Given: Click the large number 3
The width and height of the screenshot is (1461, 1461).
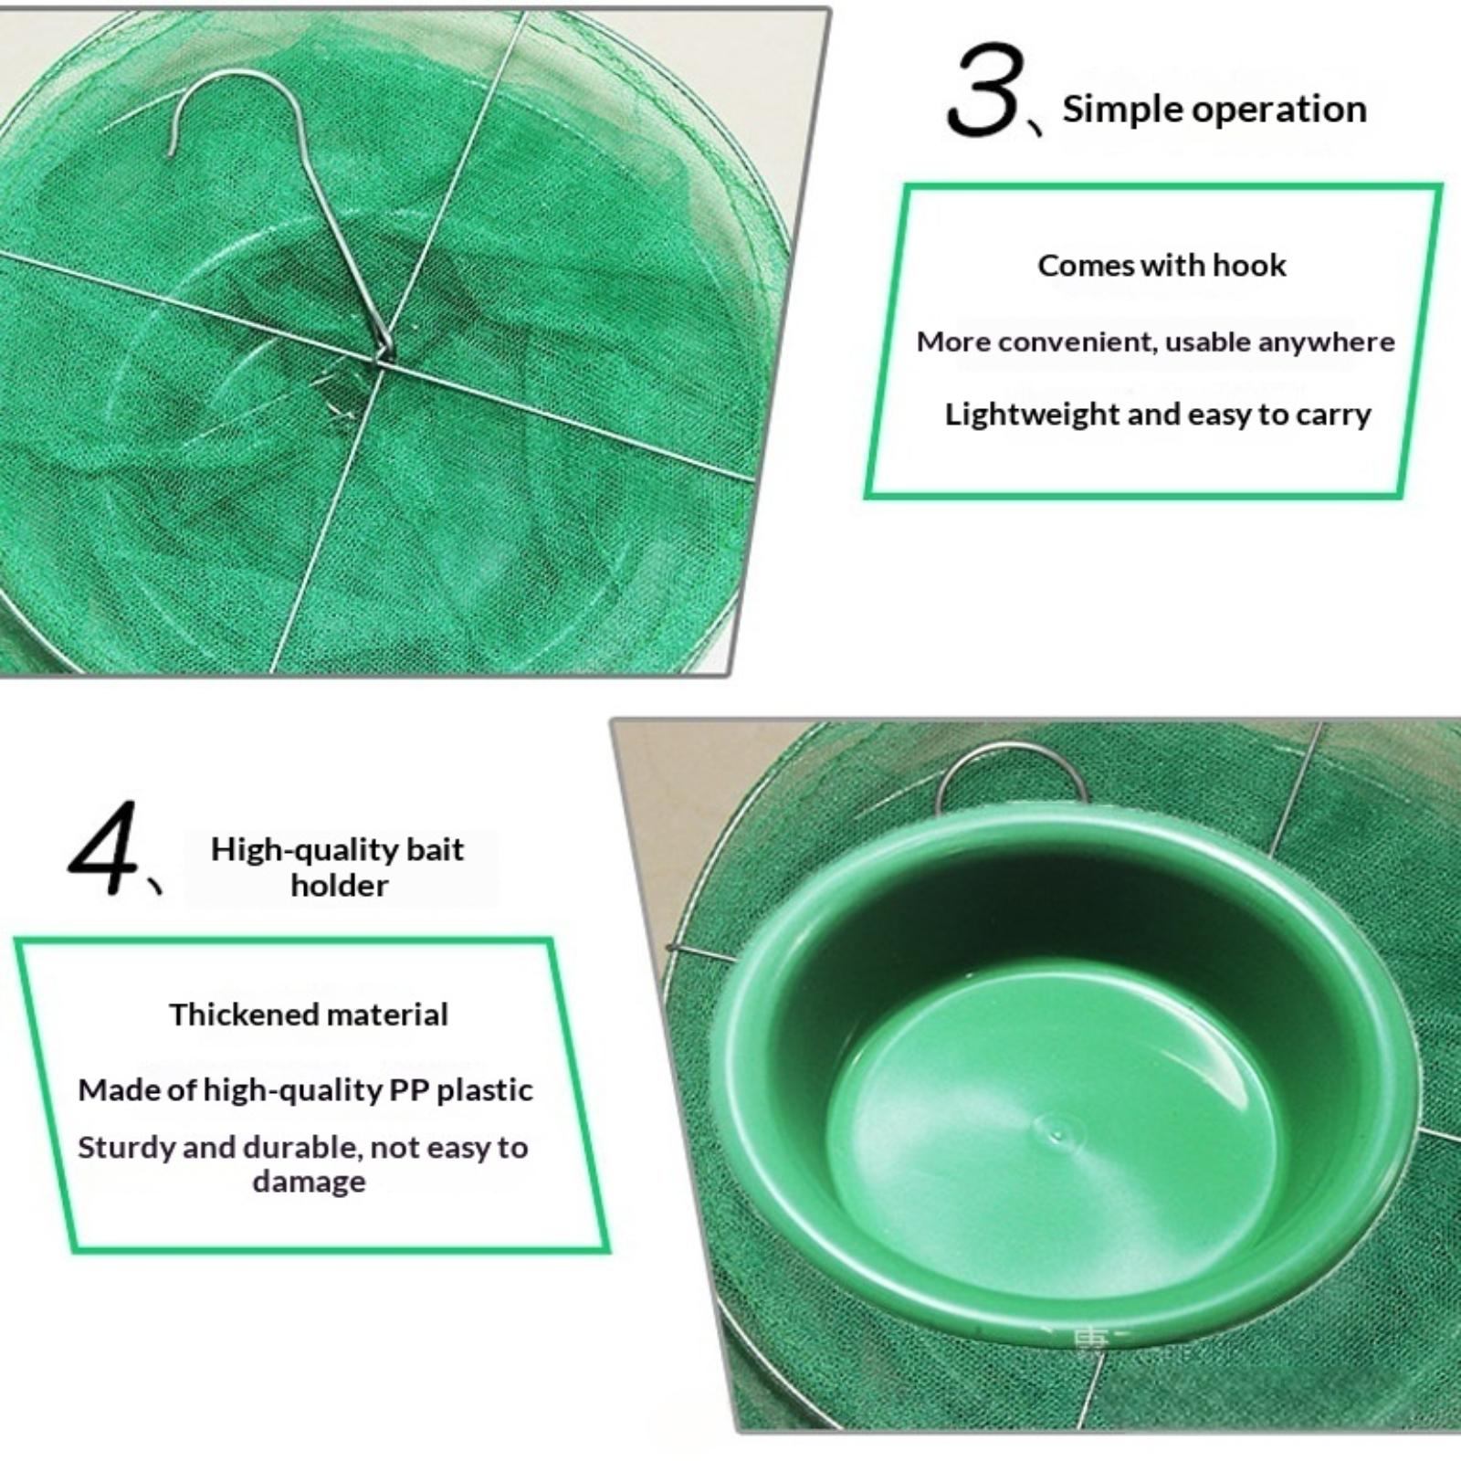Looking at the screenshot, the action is coord(982,90).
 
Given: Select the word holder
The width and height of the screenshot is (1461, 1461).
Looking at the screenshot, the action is coord(340,885).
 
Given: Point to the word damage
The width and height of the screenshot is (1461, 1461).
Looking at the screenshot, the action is coord(309,1182).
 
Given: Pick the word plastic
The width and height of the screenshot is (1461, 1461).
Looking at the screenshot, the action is coord(485,1090).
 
